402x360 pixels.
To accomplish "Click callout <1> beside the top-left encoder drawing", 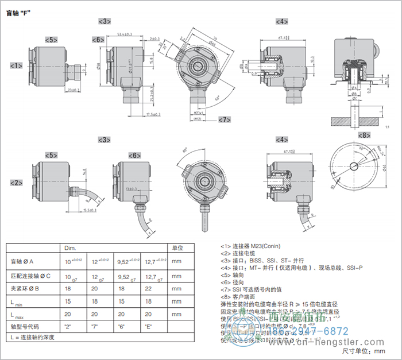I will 16,66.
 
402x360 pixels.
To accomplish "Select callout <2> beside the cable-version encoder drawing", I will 16,183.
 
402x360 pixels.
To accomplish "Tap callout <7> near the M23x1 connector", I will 223,119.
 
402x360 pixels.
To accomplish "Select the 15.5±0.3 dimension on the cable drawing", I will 88,211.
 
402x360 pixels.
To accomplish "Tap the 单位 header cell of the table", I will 178,248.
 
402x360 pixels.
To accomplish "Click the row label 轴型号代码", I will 26,327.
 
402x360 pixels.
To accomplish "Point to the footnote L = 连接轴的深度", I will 33,337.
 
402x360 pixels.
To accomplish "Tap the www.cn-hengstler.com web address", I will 339,343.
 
